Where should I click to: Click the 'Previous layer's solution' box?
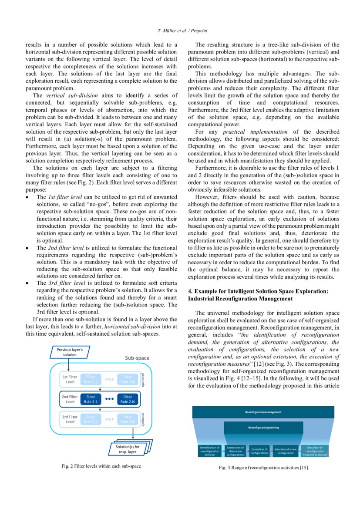point(70,352)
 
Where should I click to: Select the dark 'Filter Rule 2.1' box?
point(91,399)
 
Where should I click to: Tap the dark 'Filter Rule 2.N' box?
point(128,399)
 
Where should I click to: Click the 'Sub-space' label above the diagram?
point(137,358)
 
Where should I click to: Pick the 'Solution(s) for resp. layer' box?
point(127,448)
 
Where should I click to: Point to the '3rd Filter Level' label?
point(70,419)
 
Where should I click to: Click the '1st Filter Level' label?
point(70,379)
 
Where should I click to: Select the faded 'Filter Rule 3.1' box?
point(91,419)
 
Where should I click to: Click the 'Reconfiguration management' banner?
point(263,412)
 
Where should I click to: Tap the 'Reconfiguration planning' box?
point(263,428)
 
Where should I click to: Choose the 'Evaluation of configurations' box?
point(259,451)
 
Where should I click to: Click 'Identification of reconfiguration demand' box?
point(210,451)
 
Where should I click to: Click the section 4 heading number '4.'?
point(190,290)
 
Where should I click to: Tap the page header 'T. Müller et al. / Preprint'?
point(180,30)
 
